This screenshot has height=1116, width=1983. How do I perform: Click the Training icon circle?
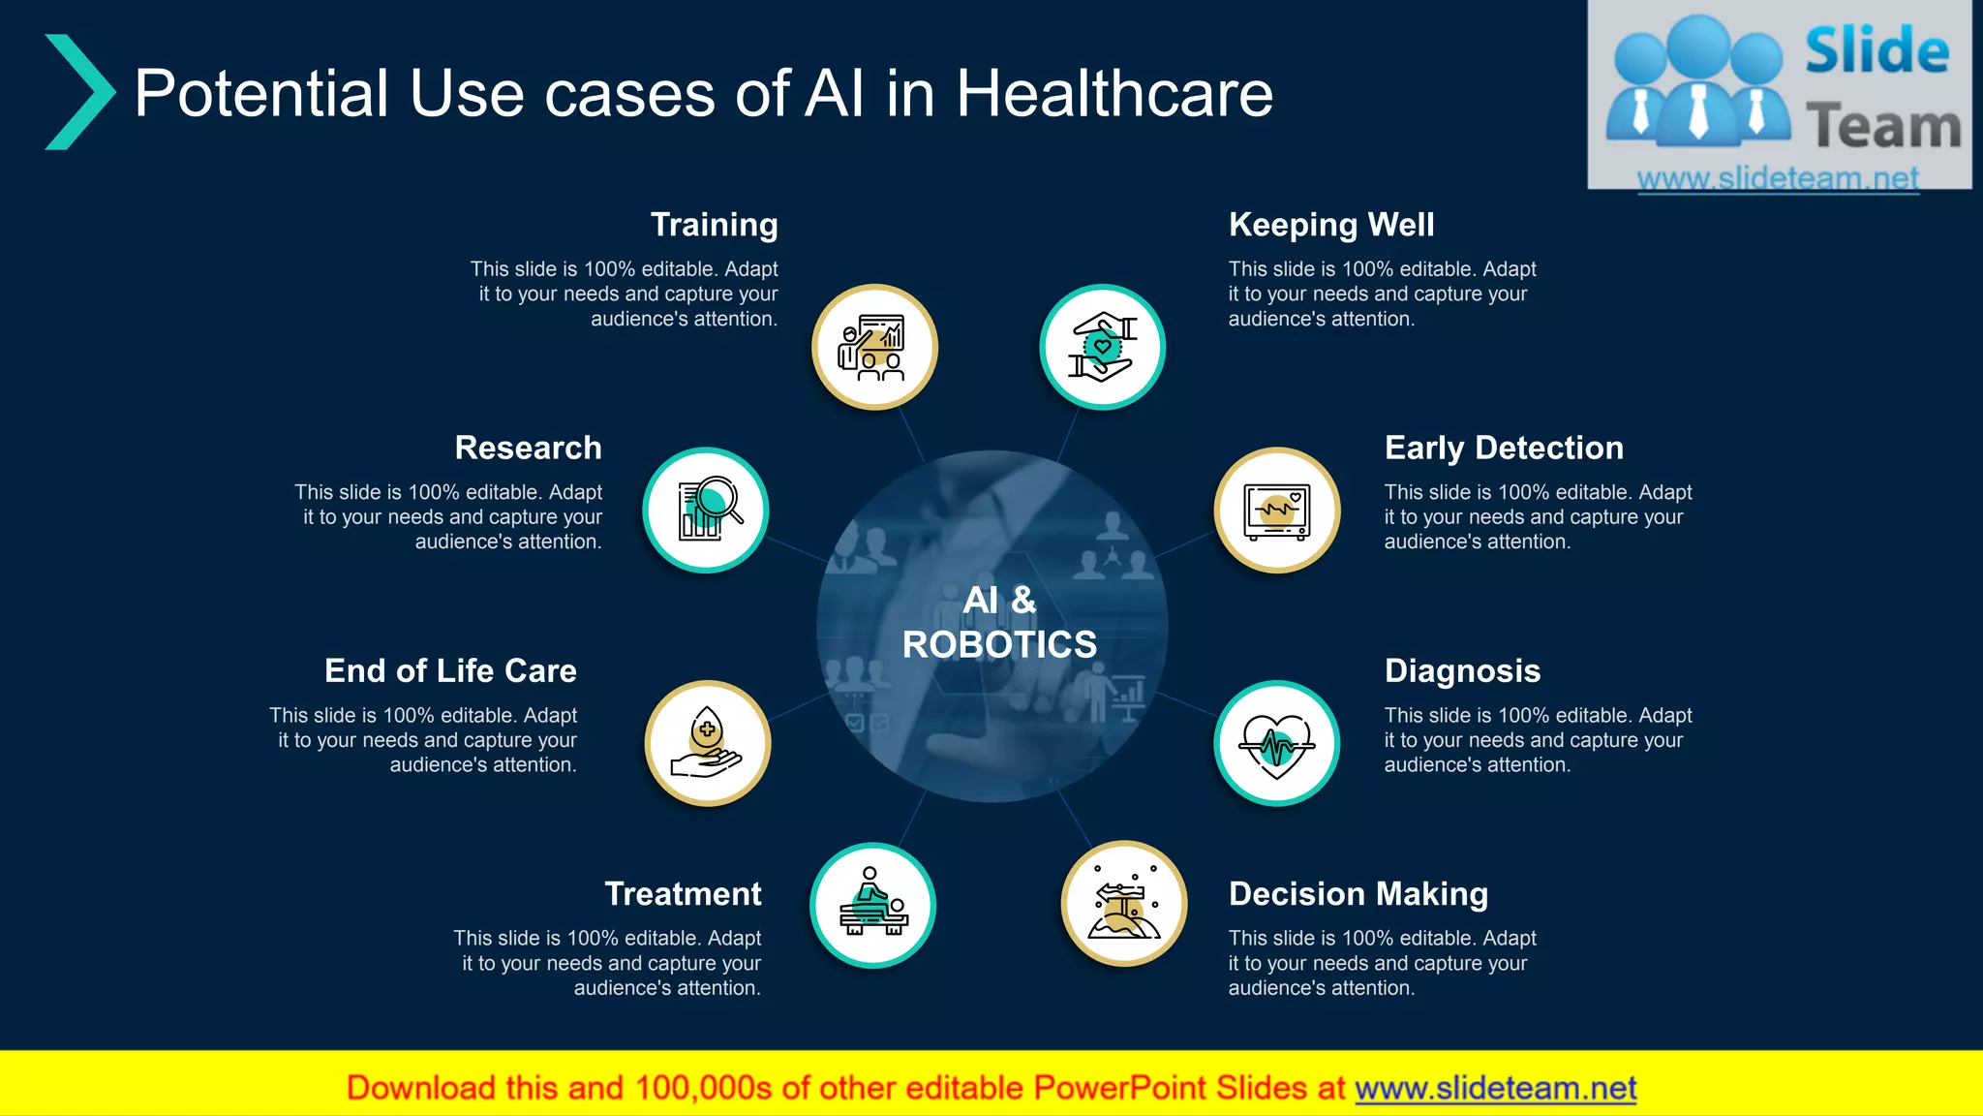[874, 347]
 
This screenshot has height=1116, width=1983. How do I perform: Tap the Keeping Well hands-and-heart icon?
[1102, 347]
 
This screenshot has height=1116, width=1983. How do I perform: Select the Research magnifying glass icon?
[706, 510]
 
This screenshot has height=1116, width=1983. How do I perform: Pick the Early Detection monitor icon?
[1277, 510]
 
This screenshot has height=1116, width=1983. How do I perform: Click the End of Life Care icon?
[708, 743]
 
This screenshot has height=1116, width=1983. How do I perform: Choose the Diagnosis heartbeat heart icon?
[1277, 743]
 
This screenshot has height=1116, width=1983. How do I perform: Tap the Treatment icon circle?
[872, 905]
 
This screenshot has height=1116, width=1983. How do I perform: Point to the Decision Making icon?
[1124, 903]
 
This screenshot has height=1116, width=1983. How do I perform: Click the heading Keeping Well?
[1331, 225]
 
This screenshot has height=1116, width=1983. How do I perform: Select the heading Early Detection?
[1504, 448]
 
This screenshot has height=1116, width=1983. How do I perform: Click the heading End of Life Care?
[450, 670]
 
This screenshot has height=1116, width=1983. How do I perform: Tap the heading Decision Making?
[1358, 893]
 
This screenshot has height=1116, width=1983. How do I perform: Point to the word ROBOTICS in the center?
[999, 644]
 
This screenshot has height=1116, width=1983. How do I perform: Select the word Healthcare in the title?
[1114, 94]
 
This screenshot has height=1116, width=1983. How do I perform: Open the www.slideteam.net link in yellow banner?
[1495, 1088]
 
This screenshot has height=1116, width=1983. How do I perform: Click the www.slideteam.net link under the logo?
[1778, 178]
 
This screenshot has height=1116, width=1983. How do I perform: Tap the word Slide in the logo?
[1876, 51]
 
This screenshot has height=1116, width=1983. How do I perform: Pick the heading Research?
[528, 448]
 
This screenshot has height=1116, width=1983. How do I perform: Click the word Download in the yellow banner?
[420, 1088]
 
